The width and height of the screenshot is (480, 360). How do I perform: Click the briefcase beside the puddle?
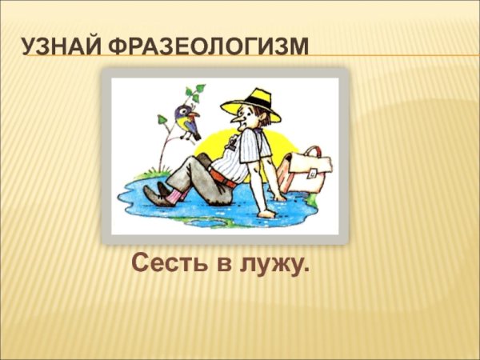coord(308,172)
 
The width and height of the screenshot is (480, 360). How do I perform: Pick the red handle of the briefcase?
coord(314,153)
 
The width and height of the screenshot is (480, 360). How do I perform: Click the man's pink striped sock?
coord(178,193)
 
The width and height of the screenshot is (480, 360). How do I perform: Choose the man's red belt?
coord(229,181)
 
